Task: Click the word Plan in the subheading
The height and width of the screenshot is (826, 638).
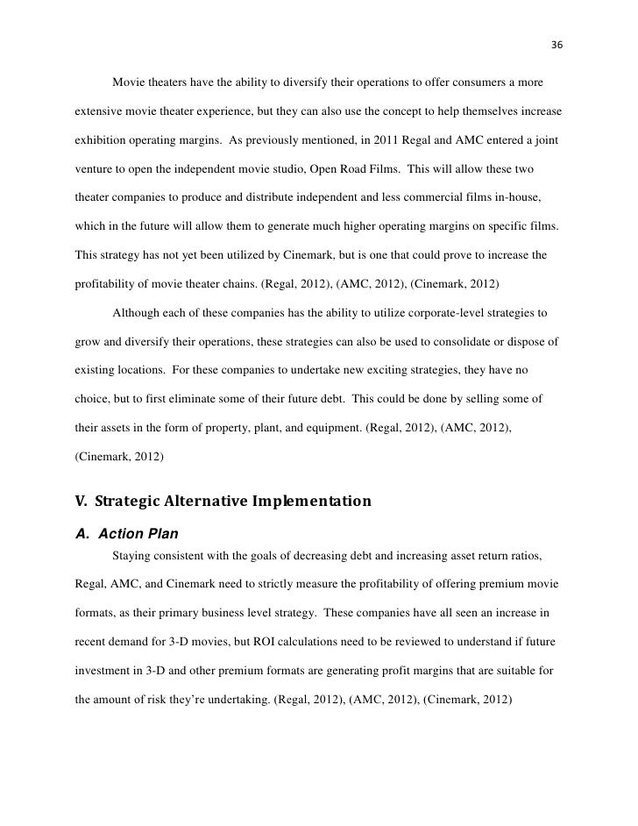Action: (160, 533)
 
